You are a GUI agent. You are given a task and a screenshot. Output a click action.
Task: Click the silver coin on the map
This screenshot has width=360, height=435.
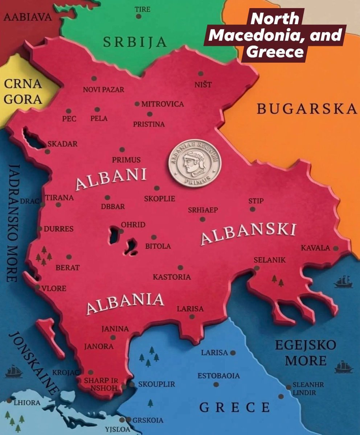[195, 164]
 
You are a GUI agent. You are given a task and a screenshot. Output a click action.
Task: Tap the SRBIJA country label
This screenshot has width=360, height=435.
[135, 42]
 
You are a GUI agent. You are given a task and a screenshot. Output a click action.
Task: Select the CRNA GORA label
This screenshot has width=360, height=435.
[23, 91]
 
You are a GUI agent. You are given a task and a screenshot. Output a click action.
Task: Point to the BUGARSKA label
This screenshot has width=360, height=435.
[307, 109]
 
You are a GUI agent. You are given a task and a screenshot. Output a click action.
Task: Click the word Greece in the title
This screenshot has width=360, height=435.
[275, 52]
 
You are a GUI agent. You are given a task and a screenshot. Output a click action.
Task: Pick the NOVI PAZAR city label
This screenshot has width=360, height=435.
[103, 90]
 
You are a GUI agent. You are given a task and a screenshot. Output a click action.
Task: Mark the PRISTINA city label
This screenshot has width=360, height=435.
[149, 124]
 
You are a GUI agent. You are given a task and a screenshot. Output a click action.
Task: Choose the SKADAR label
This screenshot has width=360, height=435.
[62, 144]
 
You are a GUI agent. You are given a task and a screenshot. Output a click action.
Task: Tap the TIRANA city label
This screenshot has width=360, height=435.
[60, 198]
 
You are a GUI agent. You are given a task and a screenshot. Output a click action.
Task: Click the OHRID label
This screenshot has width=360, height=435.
[133, 225]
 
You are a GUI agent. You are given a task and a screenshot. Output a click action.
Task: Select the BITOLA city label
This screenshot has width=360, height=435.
[158, 246]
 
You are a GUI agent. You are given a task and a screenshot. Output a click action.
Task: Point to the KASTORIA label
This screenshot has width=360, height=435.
[172, 277]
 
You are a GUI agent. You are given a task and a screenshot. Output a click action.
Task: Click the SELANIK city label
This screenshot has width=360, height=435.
[270, 260]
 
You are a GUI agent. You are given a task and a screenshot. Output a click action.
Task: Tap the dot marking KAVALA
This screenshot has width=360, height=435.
[336, 248]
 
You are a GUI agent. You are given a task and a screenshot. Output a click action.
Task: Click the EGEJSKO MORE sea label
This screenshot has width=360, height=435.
[305, 353]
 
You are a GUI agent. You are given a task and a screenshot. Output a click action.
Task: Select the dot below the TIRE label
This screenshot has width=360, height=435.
[139, 16]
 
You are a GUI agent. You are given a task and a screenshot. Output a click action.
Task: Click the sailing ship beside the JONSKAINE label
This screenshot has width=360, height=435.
[14, 372]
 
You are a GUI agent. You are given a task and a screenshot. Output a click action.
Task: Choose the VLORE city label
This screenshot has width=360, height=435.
[54, 289]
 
